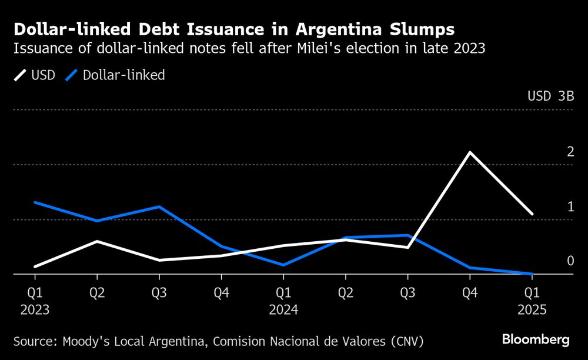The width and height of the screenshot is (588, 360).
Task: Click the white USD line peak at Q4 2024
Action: (x=470, y=152)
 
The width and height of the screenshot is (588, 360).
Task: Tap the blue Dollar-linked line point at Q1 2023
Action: (x=35, y=202)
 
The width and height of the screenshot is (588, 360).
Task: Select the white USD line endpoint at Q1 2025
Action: (x=532, y=214)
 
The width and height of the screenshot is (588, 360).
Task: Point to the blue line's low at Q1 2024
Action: (x=283, y=265)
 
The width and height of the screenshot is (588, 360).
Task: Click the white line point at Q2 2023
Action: (x=97, y=241)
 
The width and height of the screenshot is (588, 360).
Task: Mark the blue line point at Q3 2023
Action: (x=159, y=207)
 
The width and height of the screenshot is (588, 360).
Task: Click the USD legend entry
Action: (x=35, y=75)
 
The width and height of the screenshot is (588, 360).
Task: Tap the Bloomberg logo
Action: (x=535, y=339)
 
